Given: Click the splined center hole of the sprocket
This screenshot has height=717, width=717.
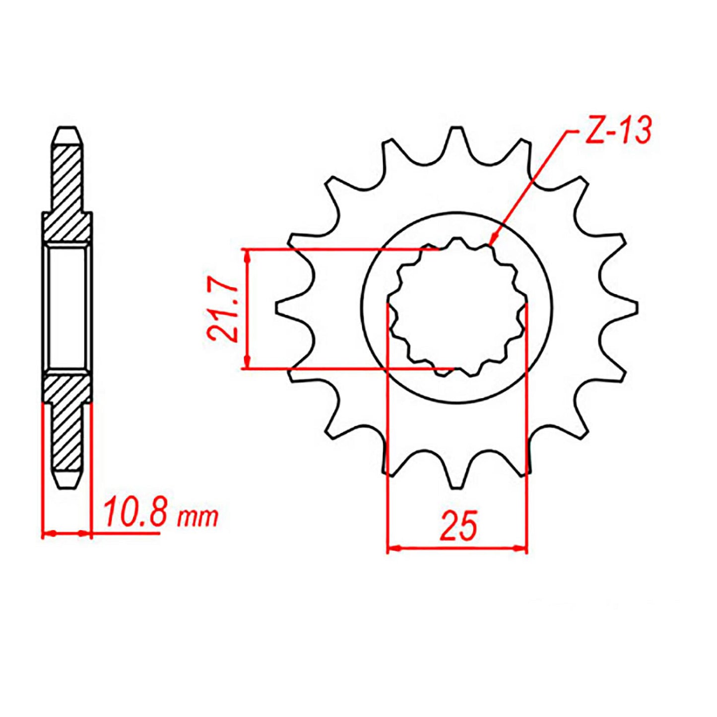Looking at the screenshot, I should tap(456, 308).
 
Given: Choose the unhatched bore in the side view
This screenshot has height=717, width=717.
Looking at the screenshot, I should tap(67, 308).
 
